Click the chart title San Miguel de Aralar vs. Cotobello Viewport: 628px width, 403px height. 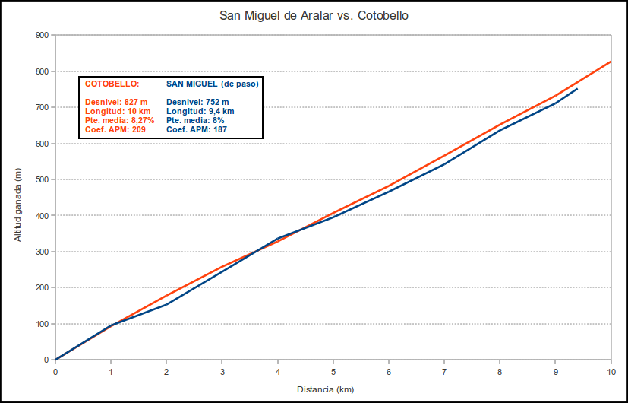point(314,15)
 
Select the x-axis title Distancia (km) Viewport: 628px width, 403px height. point(325,389)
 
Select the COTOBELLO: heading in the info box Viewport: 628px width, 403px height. point(112,84)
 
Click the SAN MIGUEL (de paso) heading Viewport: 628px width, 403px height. point(212,84)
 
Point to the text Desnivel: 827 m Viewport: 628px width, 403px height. point(116,102)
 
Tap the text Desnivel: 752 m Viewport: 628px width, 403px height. point(197,102)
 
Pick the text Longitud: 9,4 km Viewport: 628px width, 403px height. point(200,111)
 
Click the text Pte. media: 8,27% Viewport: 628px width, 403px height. point(120,120)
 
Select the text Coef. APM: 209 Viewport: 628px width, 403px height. point(115,129)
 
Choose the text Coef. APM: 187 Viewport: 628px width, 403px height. point(196,129)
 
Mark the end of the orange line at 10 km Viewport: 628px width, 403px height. point(611,62)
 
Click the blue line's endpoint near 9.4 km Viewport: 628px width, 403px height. point(577,89)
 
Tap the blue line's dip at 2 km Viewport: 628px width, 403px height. point(166,304)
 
